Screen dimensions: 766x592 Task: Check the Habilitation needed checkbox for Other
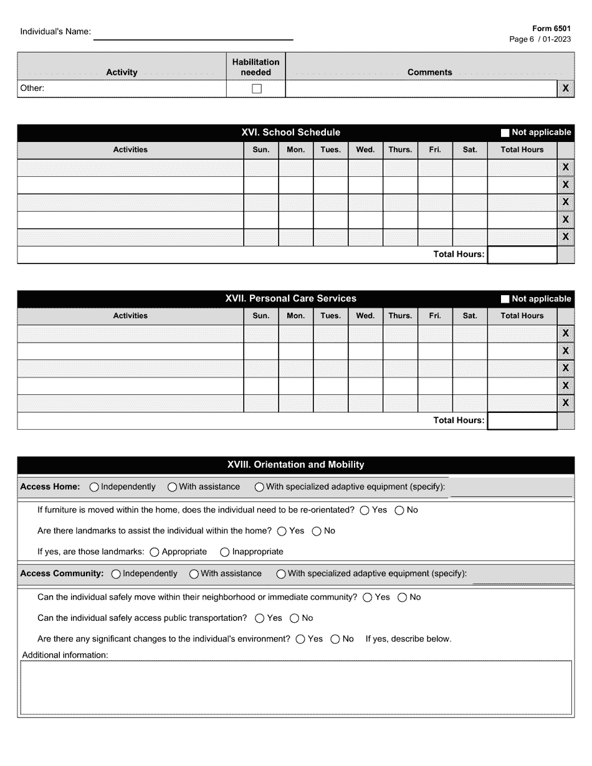point(256,88)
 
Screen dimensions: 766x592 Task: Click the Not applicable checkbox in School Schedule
point(505,133)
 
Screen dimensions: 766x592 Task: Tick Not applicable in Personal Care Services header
point(505,299)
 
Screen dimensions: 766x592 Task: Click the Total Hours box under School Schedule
point(522,255)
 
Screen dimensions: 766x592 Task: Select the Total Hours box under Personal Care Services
point(522,421)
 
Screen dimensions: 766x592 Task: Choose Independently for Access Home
point(94,487)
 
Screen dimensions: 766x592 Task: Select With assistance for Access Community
point(194,574)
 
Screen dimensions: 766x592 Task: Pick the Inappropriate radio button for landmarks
point(225,552)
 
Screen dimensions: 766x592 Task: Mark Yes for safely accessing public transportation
point(260,618)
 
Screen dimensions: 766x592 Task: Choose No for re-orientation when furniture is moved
point(399,510)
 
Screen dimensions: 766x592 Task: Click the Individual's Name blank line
point(193,34)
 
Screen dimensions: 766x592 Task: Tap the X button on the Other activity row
point(565,88)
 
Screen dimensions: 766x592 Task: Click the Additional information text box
point(295,687)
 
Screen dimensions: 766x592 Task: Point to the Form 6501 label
point(551,29)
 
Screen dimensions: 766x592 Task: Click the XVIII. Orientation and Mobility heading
point(295,465)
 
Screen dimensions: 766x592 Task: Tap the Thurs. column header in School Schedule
point(400,149)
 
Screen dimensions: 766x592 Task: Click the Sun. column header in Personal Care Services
point(260,316)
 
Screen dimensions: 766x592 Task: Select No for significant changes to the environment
point(335,639)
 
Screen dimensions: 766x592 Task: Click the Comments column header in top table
point(429,72)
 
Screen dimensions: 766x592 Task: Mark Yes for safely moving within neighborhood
point(368,597)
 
